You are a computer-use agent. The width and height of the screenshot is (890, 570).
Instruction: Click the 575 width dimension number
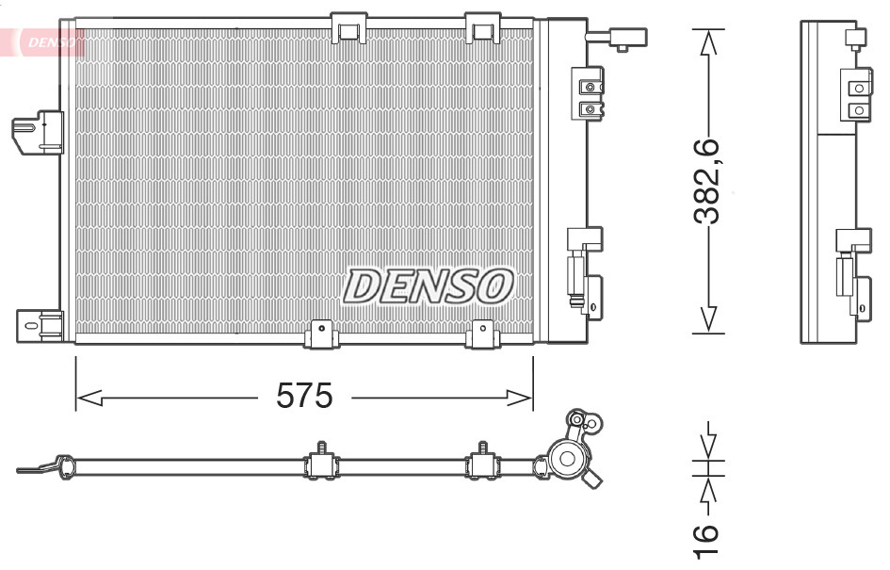(x=304, y=397)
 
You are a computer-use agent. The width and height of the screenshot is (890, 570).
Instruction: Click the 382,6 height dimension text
(x=706, y=183)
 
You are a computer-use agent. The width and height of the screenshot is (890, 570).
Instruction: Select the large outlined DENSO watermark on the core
(x=429, y=285)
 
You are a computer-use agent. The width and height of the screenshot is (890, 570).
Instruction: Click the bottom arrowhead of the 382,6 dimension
(x=708, y=320)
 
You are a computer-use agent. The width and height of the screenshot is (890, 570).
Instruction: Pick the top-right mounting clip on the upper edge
(x=483, y=28)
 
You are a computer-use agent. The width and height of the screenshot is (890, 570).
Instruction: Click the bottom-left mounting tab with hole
(x=322, y=331)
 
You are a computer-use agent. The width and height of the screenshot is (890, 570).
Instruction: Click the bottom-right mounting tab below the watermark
(x=481, y=331)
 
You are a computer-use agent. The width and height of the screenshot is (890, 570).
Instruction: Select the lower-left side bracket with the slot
(x=39, y=325)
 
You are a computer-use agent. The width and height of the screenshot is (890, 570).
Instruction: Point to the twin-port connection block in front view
(x=590, y=96)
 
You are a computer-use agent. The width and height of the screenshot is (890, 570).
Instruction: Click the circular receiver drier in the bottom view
(x=568, y=460)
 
